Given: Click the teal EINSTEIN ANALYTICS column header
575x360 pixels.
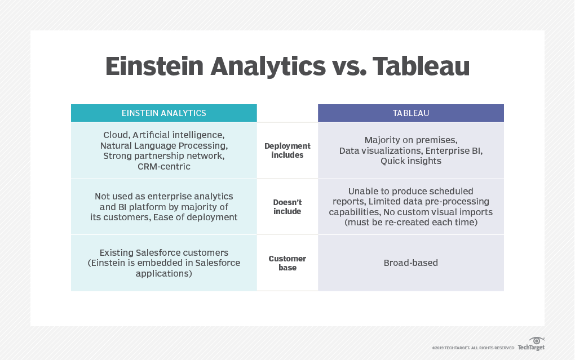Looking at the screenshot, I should [164, 113].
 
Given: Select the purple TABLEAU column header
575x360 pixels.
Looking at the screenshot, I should [411, 113].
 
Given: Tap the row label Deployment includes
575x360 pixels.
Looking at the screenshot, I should [287, 150].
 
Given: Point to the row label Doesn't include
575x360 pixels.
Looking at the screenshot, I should [287, 207].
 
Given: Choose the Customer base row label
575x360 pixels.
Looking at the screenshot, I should [287, 263].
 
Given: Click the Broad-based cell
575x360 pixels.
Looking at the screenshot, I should [411, 263].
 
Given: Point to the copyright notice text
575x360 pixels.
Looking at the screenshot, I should [473, 348].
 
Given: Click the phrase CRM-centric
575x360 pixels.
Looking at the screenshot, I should [164, 167].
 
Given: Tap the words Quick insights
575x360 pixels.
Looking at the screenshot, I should [411, 161].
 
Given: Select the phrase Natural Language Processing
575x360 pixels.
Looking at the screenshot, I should [164, 145].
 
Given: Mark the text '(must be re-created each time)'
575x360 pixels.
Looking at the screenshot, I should [411, 223].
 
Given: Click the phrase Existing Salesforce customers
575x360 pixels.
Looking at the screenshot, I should [164, 252].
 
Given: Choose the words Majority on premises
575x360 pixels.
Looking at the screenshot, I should [411, 140].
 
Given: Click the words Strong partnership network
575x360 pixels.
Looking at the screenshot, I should [164, 156].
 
